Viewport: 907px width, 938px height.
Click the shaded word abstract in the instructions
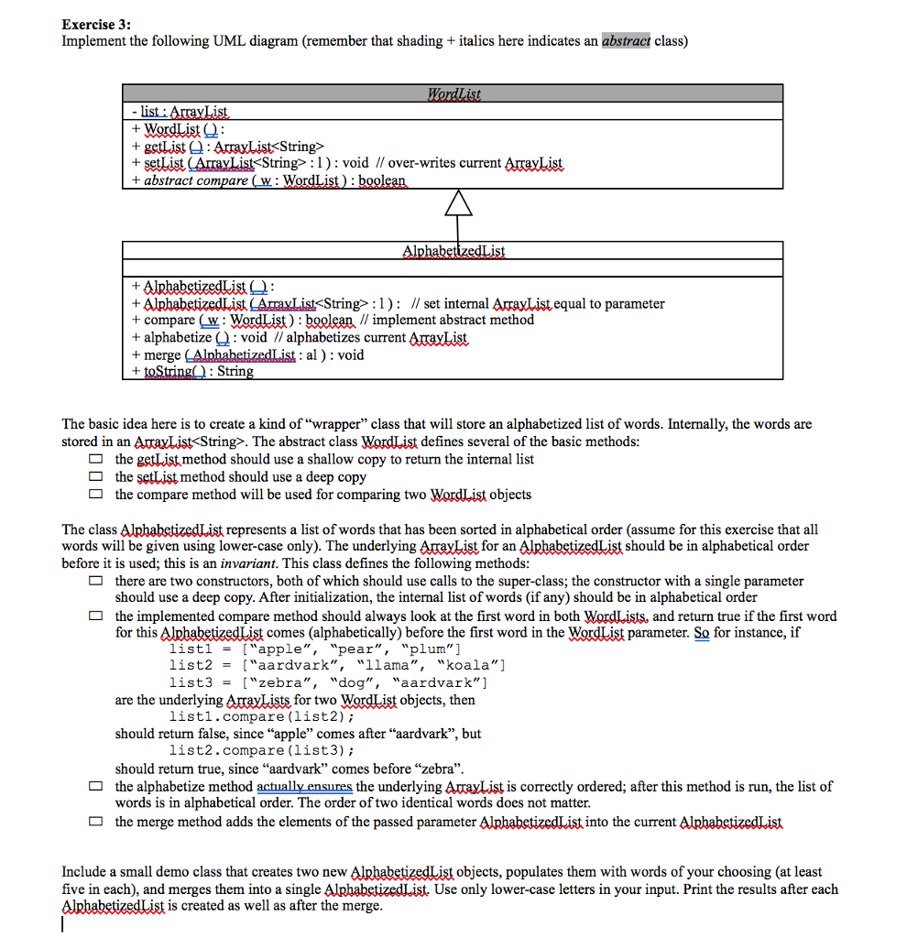tap(627, 41)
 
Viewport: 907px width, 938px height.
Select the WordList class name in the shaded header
tap(453, 93)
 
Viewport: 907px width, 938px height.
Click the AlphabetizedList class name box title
tap(453, 251)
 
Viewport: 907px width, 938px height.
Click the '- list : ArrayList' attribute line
tap(179, 112)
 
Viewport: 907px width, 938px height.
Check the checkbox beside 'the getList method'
tap(95, 459)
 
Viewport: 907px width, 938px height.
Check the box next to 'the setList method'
tap(95, 477)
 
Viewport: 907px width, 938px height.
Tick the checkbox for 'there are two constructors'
tap(95, 582)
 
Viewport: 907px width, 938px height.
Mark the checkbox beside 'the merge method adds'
tap(95, 822)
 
